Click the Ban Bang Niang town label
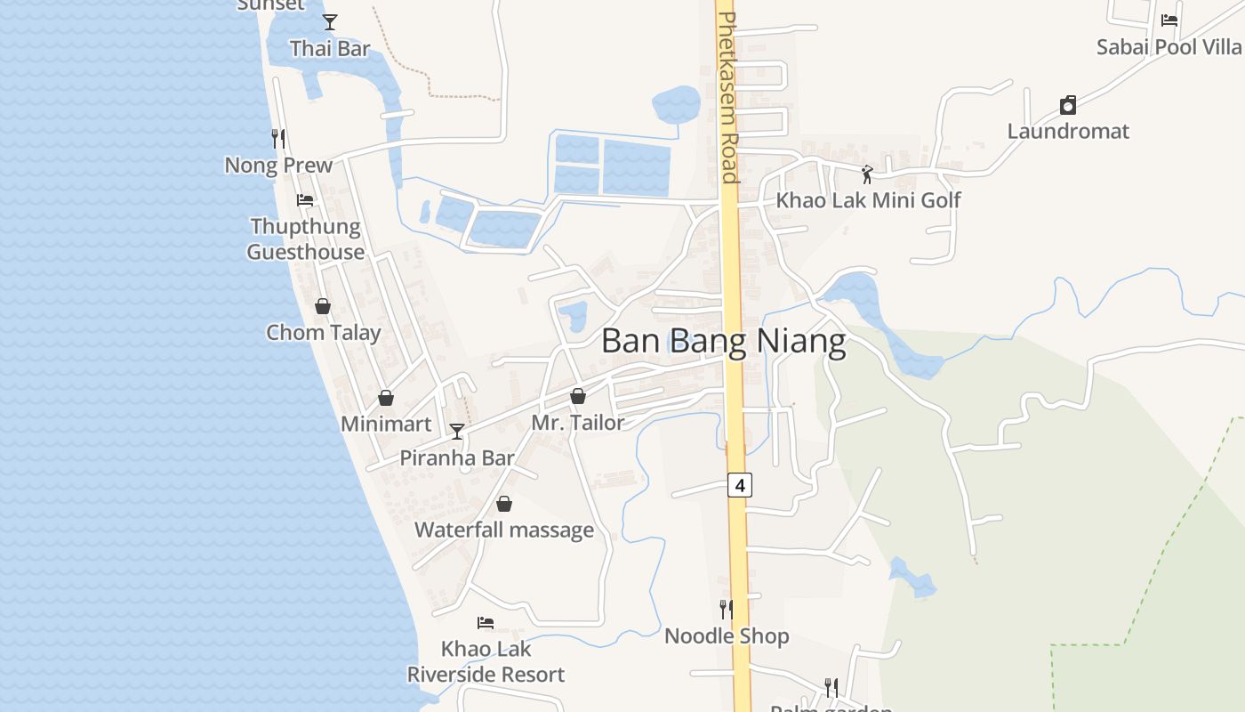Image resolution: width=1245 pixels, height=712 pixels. [723, 342]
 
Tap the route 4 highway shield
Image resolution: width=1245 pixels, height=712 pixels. [740, 485]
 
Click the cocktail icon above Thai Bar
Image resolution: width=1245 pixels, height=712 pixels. [330, 22]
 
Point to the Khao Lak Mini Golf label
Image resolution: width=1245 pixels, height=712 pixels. [868, 200]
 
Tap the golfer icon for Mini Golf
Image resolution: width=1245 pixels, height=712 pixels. [867, 174]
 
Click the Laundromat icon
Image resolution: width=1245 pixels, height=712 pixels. [1068, 106]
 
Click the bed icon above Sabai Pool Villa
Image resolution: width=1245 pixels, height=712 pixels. [1169, 20]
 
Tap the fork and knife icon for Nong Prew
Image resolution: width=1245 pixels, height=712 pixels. [278, 139]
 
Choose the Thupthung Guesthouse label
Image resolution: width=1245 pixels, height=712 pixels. [305, 239]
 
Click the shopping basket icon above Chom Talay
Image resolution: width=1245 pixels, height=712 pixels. [323, 306]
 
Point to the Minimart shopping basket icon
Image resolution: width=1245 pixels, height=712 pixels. [386, 398]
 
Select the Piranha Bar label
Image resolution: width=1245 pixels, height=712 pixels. [457, 458]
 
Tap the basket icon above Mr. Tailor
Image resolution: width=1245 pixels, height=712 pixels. [578, 396]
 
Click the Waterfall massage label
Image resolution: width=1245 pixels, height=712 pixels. [504, 530]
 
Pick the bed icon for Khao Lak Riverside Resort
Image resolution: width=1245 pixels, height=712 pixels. [486, 623]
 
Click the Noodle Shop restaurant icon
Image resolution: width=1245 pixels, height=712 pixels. [727, 610]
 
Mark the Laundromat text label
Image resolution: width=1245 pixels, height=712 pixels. [1068, 132]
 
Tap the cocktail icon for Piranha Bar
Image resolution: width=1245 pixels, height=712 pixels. [457, 432]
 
